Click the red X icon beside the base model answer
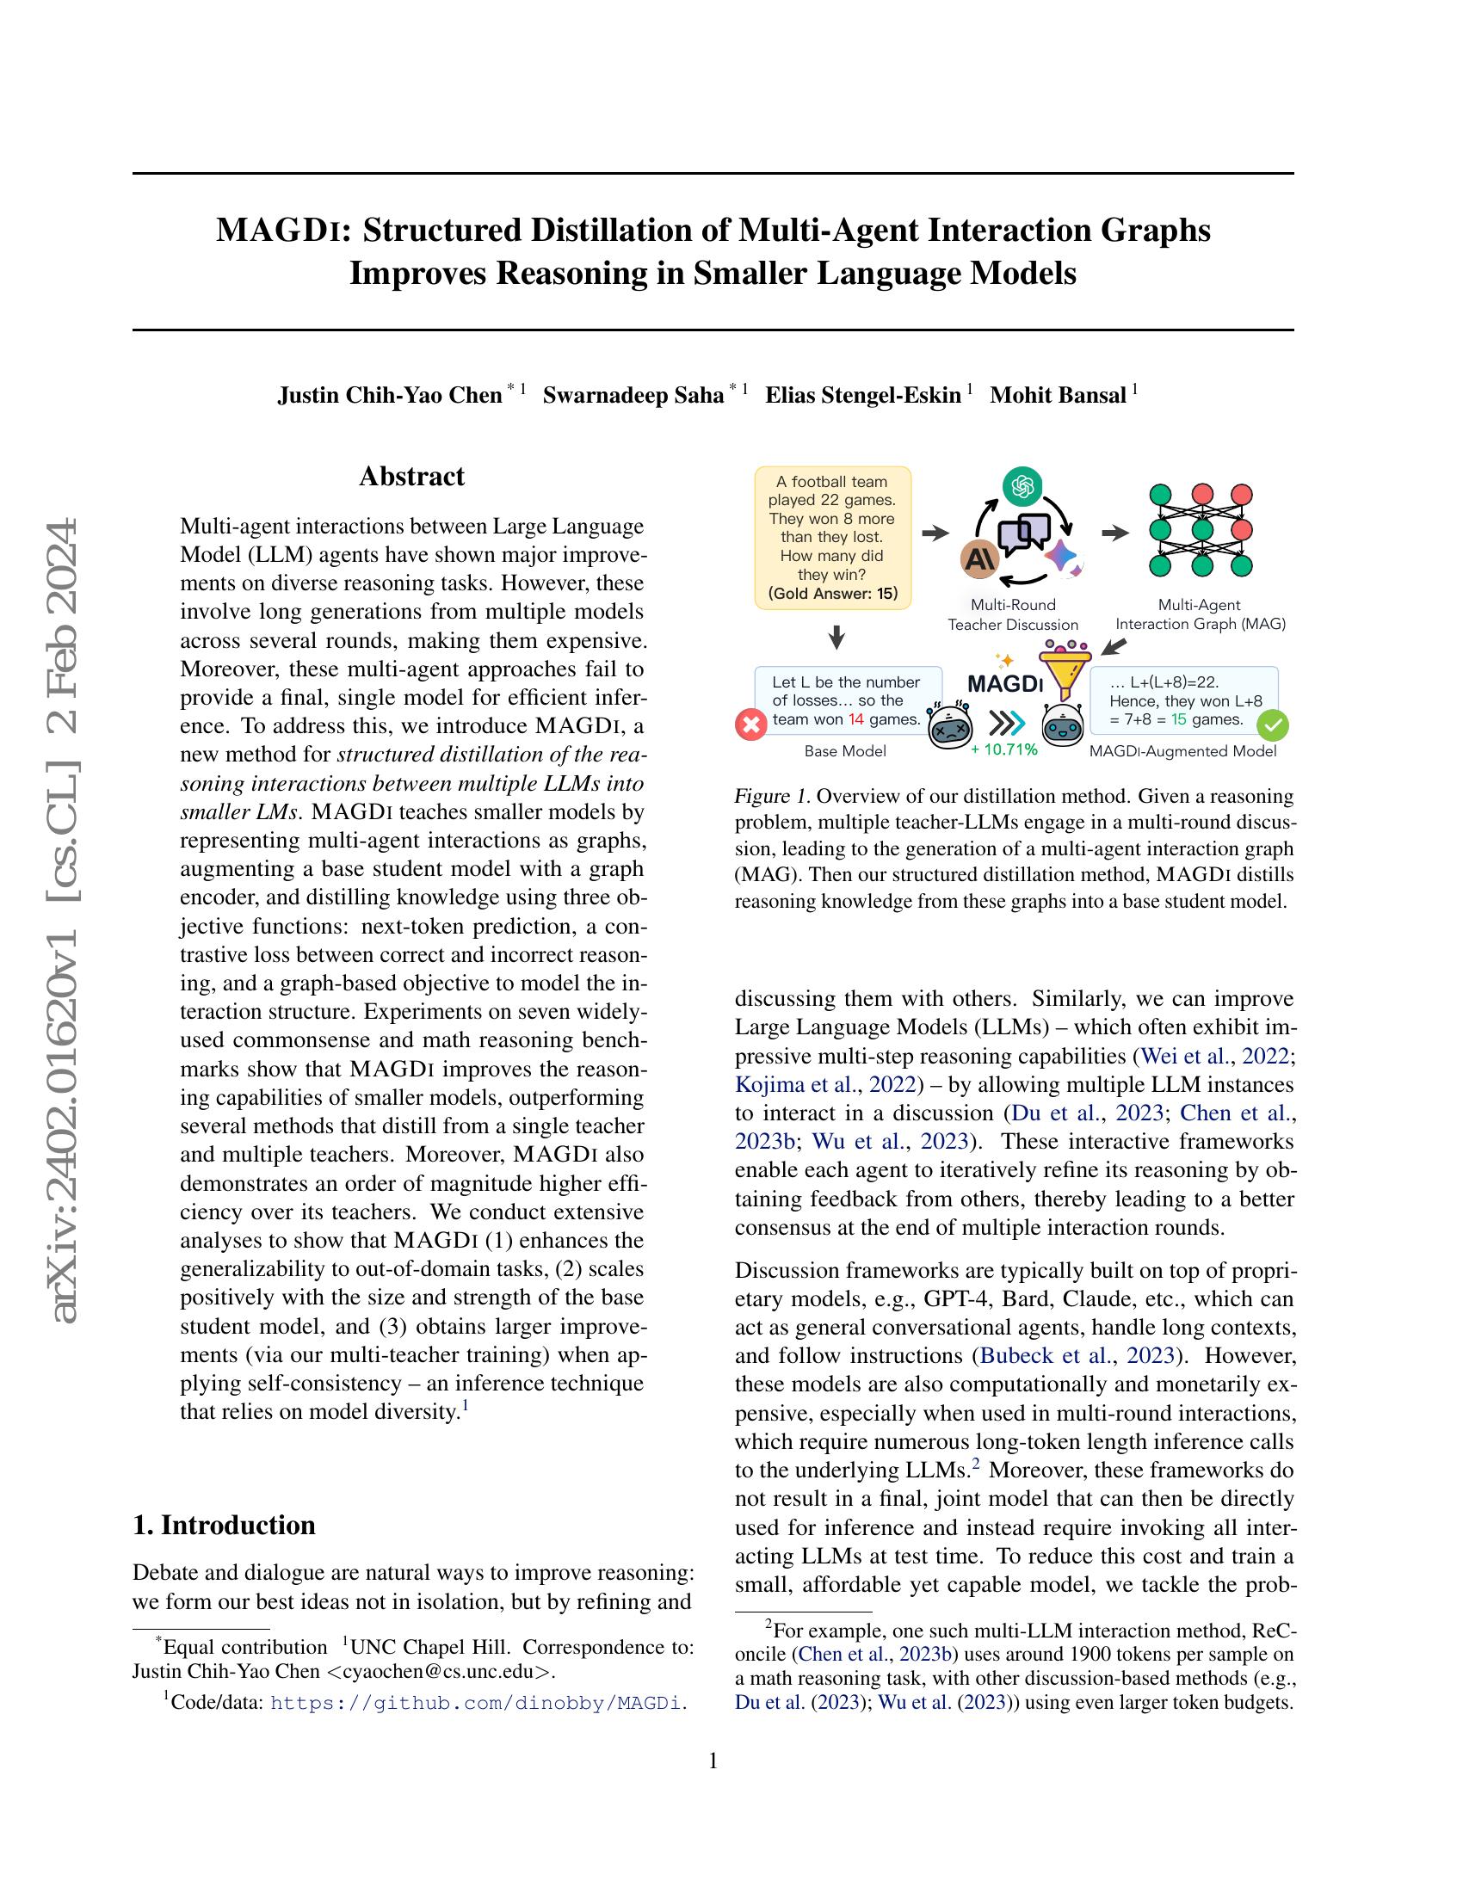pyautogui.click(x=751, y=725)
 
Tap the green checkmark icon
pyautogui.click(x=1272, y=725)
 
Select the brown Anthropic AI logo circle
pyautogui.click(x=980, y=559)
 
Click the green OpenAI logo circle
pyautogui.click(x=1022, y=486)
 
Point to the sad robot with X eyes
pyautogui.click(x=949, y=725)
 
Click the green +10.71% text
pyautogui.click(x=1003, y=749)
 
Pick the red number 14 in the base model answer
pyautogui.click(x=855, y=719)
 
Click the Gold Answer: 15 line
pyautogui.click(x=833, y=594)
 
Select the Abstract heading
pyautogui.click(x=411, y=476)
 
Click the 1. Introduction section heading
pyautogui.click(x=224, y=1525)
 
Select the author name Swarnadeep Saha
pyautogui.click(x=633, y=395)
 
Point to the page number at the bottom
pyautogui.click(x=713, y=1760)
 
